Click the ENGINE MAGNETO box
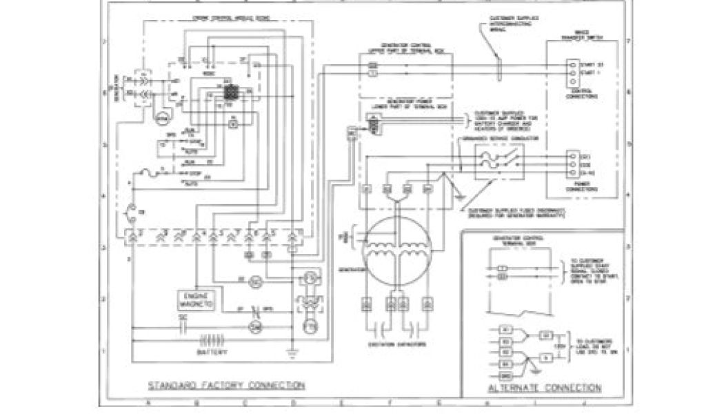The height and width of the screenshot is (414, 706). pos(196,299)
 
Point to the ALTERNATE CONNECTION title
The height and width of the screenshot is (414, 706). pos(544,388)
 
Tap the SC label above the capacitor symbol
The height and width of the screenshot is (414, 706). pos(183,317)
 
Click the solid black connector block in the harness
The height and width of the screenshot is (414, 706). pos(230,93)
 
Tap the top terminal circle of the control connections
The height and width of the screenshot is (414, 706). pos(572,63)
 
